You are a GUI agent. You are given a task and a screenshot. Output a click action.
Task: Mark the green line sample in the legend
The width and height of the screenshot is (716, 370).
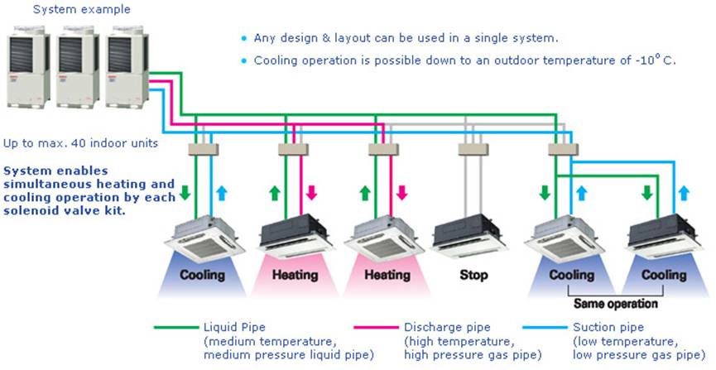[x=175, y=327]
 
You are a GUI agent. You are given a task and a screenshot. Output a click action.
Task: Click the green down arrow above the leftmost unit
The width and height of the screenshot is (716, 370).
[x=185, y=193]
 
